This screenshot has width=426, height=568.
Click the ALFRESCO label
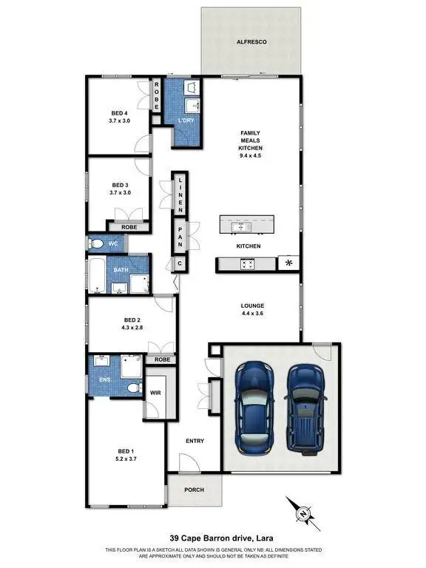(x=251, y=43)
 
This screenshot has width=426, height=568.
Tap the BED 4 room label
(x=119, y=114)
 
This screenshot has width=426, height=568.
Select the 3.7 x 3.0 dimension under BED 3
(x=120, y=192)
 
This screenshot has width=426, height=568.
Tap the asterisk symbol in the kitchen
(x=288, y=263)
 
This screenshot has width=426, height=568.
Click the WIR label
(x=156, y=393)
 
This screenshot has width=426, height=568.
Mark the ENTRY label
(x=195, y=441)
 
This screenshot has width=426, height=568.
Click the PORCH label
(x=194, y=489)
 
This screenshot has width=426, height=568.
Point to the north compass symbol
(x=302, y=510)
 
